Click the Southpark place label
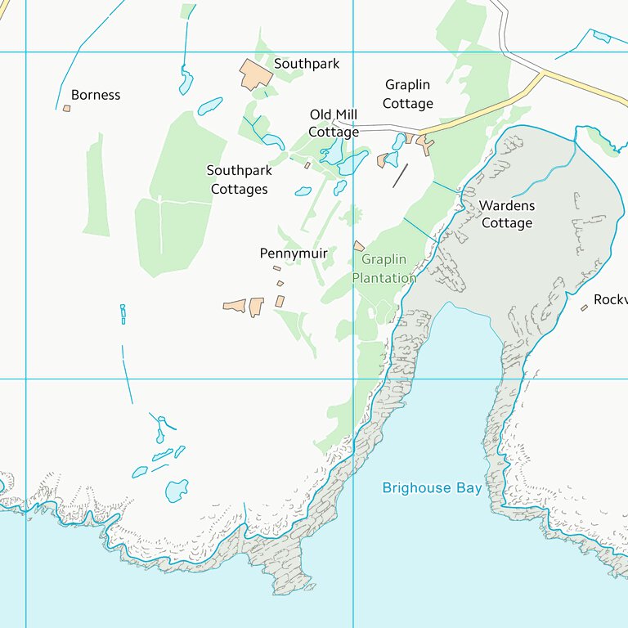pyautogui.click(x=306, y=64)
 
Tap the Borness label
pyautogui.click(x=96, y=95)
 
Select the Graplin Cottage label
pyautogui.click(x=407, y=94)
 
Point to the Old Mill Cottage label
pyautogui.click(x=334, y=123)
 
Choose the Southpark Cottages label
pyautogui.click(x=239, y=180)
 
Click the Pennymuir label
pyautogui.click(x=294, y=253)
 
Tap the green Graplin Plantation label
pyautogui.click(x=384, y=269)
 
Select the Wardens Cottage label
pyautogui.click(x=506, y=214)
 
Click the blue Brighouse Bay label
pyautogui.click(x=432, y=488)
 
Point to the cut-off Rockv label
pyautogui.click(x=610, y=300)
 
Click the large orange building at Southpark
pyautogui.click(x=255, y=74)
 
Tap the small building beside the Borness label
pyautogui.click(x=67, y=108)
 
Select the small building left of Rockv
pyautogui.click(x=584, y=307)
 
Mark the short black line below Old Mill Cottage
pyautogui.click(x=400, y=175)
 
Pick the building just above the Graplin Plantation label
pyautogui.click(x=358, y=245)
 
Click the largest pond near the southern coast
pyautogui.click(x=177, y=491)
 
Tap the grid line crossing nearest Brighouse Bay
pyautogui.click(x=353, y=379)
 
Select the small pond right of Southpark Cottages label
pyautogui.click(x=303, y=191)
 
